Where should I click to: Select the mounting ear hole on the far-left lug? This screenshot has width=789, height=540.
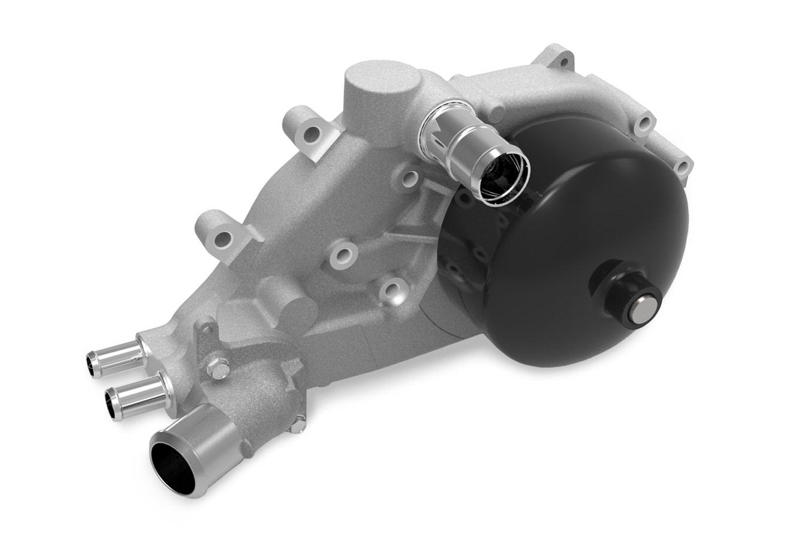click(223, 239)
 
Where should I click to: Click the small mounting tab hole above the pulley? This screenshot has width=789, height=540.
click(563, 61)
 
